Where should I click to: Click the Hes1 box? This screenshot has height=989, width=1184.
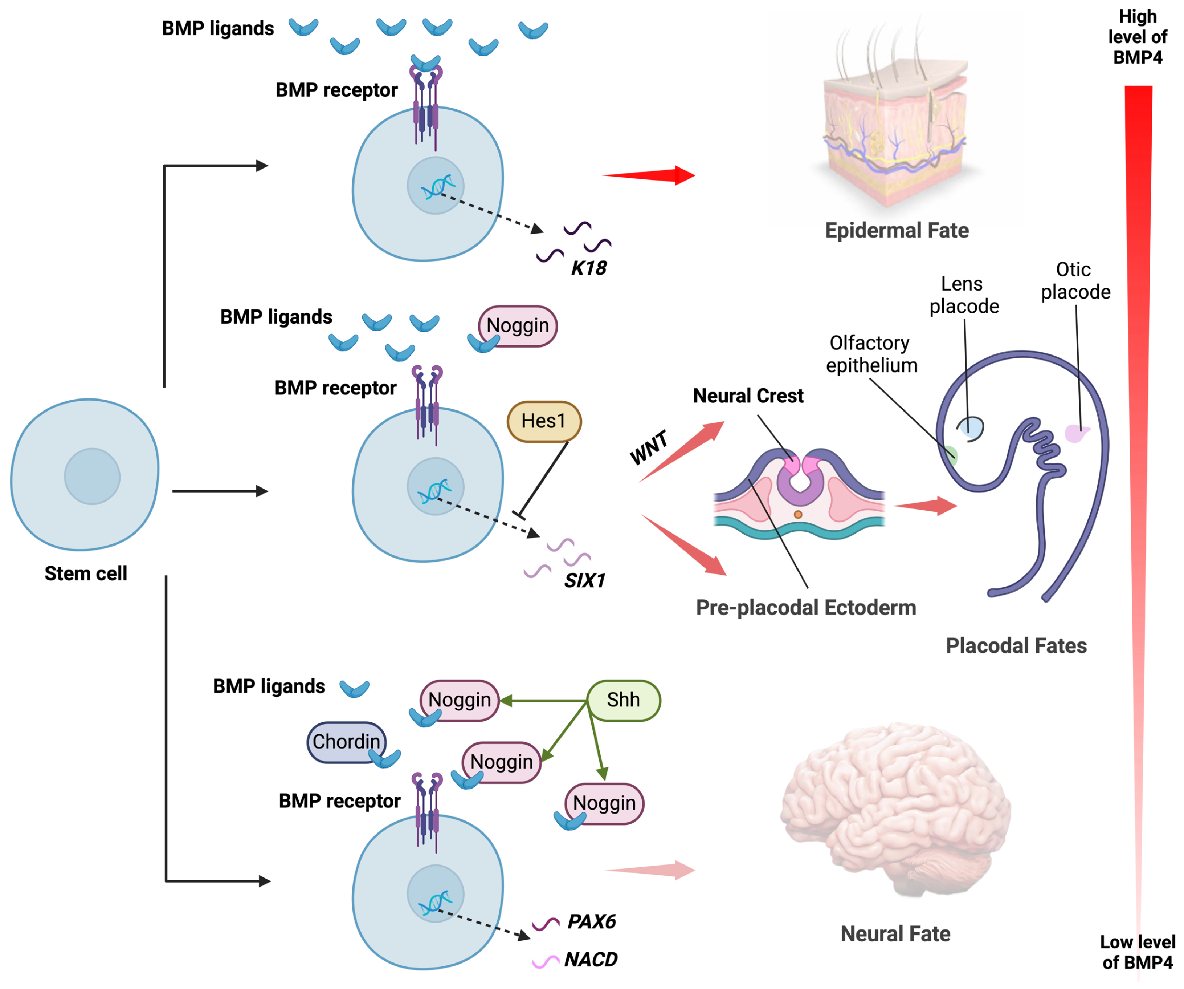(x=543, y=421)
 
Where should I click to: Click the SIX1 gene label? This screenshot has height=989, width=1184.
(x=585, y=580)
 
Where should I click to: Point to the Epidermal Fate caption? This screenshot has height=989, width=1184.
(x=897, y=230)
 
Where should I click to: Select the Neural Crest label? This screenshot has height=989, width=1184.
(x=748, y=396)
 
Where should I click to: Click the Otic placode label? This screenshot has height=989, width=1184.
(x=1075, y=280)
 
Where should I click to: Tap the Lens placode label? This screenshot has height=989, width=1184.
(x=964, y=295)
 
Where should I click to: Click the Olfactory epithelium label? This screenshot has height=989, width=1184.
(x=871, y=354)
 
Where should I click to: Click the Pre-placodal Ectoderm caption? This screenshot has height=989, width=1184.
(x=806, y=608)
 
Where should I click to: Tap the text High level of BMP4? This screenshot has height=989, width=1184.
(x=1137, y=37)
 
